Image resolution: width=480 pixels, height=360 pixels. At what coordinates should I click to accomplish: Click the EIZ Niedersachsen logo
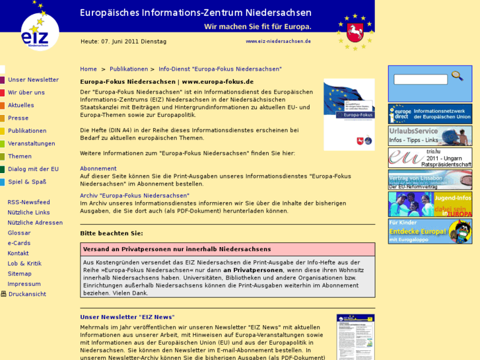[39, 30]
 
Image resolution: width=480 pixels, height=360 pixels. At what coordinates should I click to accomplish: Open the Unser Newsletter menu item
[33, 80]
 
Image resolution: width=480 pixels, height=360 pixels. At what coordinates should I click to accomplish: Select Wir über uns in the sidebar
[26, 92]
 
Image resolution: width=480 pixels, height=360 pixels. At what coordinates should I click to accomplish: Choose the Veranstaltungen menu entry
[32, 143]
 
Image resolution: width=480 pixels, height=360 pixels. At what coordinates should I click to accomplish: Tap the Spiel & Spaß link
[27, 182]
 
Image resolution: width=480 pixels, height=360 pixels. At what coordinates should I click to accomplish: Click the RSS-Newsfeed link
[28, 202]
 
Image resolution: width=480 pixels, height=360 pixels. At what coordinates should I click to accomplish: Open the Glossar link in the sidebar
[19, 233]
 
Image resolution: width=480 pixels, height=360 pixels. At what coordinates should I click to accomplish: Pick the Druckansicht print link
[26, 294]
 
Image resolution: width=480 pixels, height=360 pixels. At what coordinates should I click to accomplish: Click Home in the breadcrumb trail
[88, 69]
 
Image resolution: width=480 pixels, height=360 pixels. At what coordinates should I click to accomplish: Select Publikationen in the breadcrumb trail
[129, 69]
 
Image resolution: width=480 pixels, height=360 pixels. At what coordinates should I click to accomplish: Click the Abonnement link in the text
[98, 168]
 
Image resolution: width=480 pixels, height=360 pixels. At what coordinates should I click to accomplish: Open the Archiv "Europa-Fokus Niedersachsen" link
[135, 196]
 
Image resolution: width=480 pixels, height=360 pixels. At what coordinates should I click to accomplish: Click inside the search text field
[420, 80]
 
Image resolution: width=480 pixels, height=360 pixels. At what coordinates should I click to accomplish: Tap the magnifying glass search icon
[457, 77]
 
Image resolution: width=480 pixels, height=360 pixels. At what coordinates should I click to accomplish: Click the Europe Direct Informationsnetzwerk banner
[430, 114]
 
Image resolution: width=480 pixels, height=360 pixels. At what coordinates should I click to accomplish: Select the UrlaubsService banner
[430, 135]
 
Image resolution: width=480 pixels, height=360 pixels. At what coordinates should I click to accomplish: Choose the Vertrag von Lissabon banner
[430, 180]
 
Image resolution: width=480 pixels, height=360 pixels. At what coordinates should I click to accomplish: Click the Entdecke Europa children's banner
[430, 231]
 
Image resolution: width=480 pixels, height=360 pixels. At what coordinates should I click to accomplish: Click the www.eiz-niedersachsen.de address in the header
[278, 41]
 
